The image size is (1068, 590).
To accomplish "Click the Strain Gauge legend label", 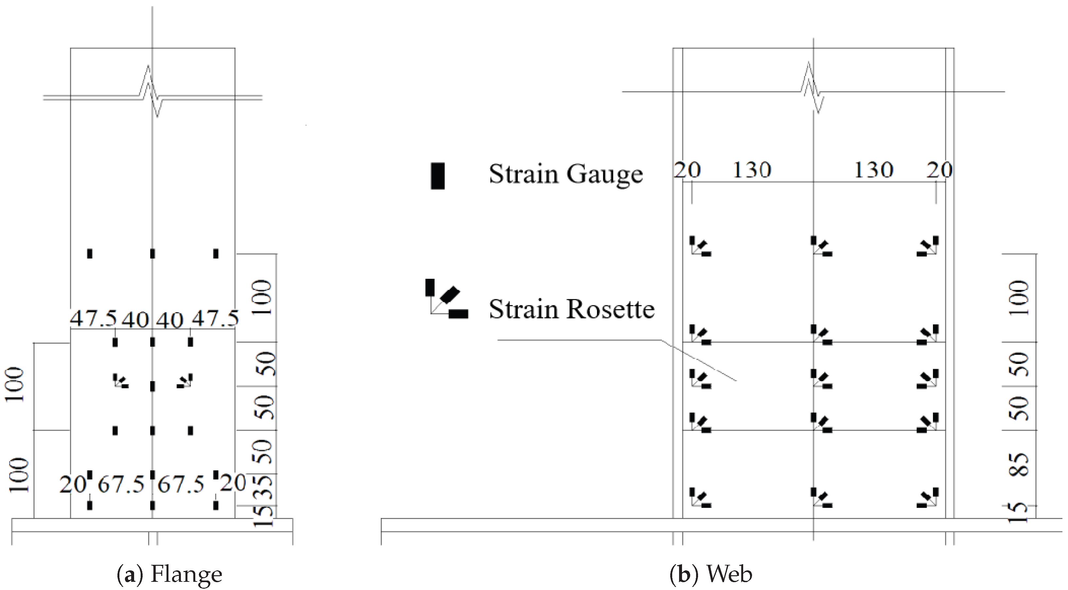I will pyautogui.click(x=566, y=174).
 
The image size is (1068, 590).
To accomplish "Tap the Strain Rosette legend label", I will pyautogui.click(x=571, y=309).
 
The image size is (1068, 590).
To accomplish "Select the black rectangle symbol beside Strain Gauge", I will pyautogui.click(x=437, y=176).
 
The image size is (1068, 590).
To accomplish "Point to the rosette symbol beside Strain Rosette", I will pyautogui.click(x=446, y=299).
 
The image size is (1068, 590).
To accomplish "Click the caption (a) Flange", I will pyautogui.click(x=169, y=574).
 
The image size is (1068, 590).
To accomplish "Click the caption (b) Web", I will pyautogui.click(x=710, y=574).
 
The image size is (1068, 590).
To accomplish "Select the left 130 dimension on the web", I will pyautogui.click(x=752, y=170).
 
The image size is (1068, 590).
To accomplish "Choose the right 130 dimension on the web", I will pyautogui.click(x=873, y=170).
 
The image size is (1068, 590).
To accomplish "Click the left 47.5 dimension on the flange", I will pyautogui.click(x=93, y=319).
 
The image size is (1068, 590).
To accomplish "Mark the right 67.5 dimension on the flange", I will pyautogui.click(x=181, y=484).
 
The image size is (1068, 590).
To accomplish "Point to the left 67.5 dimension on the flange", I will pyautogui.click(x=121, y=484).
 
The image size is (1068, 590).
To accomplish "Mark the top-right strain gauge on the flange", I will pyautogui.click(x=216, y=253).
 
